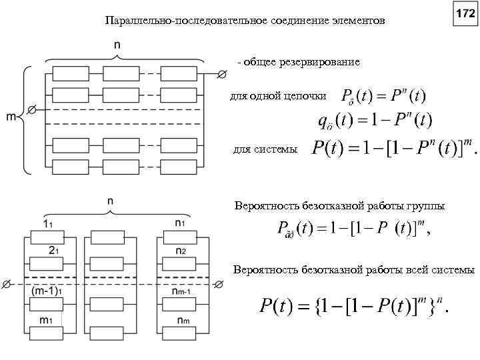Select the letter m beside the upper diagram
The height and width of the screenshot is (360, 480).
pos(11,117)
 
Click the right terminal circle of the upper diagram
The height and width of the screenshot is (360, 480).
pos(222,73)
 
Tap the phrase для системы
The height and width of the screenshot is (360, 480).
pos(265,149)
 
